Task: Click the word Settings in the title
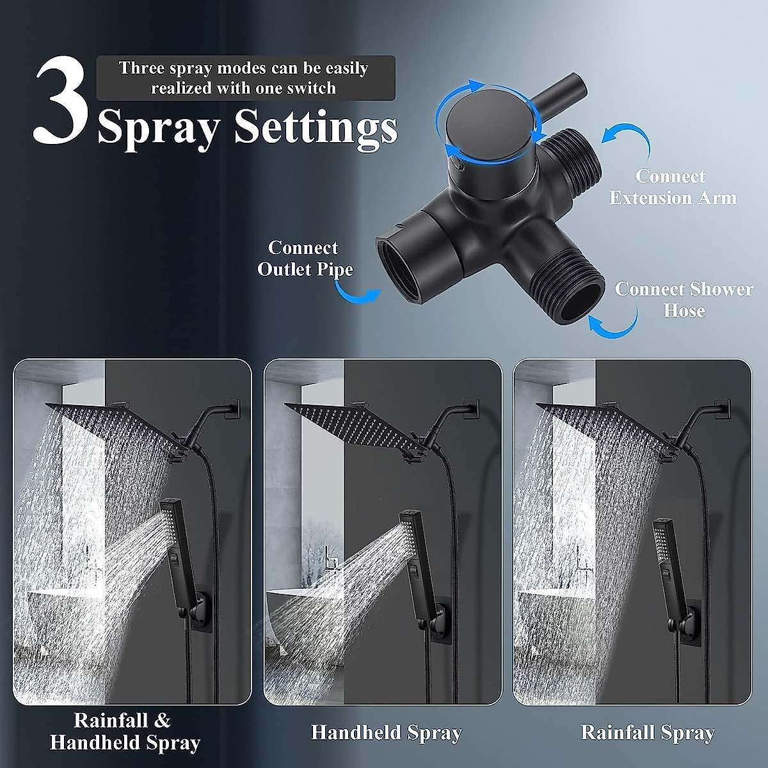click(315, 127)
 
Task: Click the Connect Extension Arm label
click(672, 187)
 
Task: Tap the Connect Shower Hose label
click(684, 300)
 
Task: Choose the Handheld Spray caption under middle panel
click(386, 733)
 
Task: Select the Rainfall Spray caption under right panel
click(647, 733)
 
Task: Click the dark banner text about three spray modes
click(245, 78)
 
